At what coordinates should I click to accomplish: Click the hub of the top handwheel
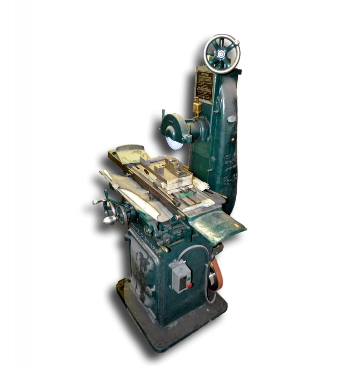tap(222, 54)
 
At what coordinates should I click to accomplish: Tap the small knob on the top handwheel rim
tap(236, 43)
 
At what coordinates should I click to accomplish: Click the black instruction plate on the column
tap(204, 86)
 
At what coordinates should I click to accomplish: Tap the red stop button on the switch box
tap(189, 285)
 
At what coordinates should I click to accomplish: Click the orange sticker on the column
tap(232, 139)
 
